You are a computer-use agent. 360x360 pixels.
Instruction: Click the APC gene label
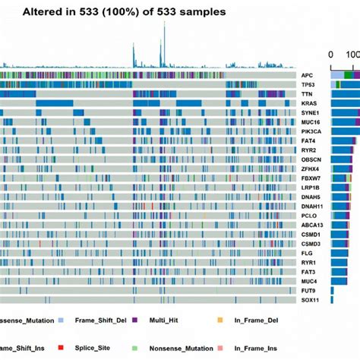[x=307, y=75]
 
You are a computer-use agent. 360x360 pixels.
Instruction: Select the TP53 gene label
[x=308, y=84]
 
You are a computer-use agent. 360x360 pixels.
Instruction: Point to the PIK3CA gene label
[x=309, y=131]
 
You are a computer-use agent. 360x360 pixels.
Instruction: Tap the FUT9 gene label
[x=308, y=290]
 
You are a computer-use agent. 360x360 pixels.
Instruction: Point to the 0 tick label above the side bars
[x=331, y=55]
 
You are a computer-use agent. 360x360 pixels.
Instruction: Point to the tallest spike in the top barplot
[x=163, y=25]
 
